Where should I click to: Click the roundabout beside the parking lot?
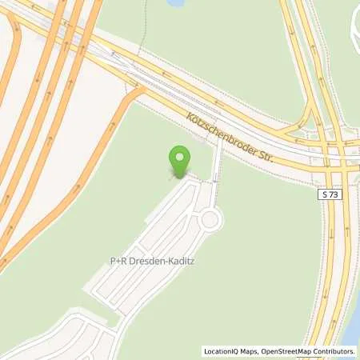click(210, 218)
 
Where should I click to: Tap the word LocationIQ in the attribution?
click(222, 351)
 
